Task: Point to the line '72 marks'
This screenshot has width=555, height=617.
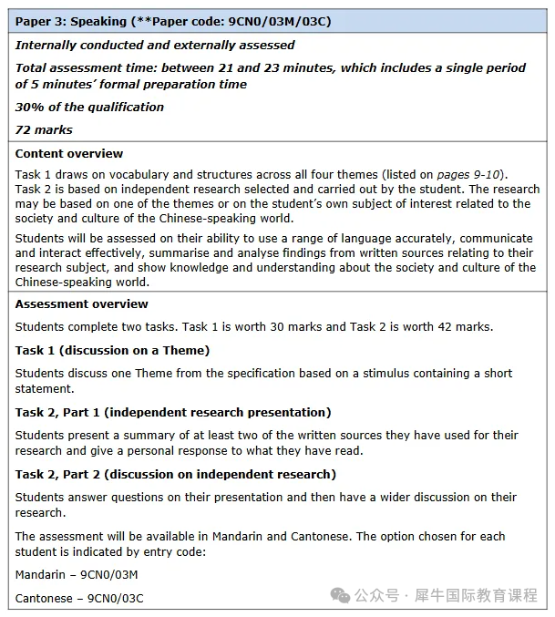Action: click(44, 129)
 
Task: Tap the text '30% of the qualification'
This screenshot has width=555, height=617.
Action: click(89, 107)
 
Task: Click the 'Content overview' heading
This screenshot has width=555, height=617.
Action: click(69, 153)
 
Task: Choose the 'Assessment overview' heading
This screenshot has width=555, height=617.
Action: click(81, 303)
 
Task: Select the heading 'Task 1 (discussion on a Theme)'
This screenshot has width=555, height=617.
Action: click(112, 350)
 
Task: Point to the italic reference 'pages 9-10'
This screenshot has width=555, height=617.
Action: click(473, 175)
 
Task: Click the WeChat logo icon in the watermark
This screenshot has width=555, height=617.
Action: click(340, 595)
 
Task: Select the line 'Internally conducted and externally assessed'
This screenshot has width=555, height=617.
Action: click(155, 45)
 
